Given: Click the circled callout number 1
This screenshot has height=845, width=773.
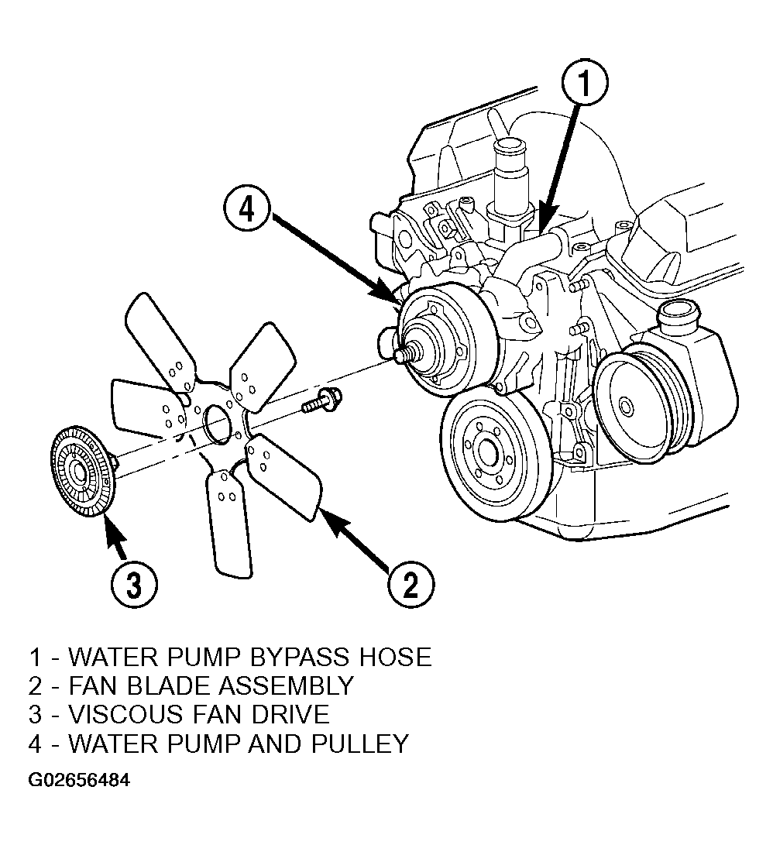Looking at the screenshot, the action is pyautogui.click(x=584, y=84).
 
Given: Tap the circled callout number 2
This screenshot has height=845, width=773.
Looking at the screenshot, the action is pyautogui.click(x=411, y=584).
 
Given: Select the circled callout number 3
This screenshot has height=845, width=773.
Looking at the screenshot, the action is pyautogui.click(x=134, y=584).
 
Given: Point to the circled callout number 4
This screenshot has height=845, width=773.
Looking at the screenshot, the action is pyautogui.click(x=247, y=209).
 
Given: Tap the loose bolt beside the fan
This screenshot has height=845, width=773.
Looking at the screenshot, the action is pyautogui.click(x=321, y=400).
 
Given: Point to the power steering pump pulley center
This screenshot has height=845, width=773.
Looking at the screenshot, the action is pyautogui.click(x=625, y=405).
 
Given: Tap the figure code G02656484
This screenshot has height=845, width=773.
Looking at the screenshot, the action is pyautogui.click(x=79, y=780).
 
